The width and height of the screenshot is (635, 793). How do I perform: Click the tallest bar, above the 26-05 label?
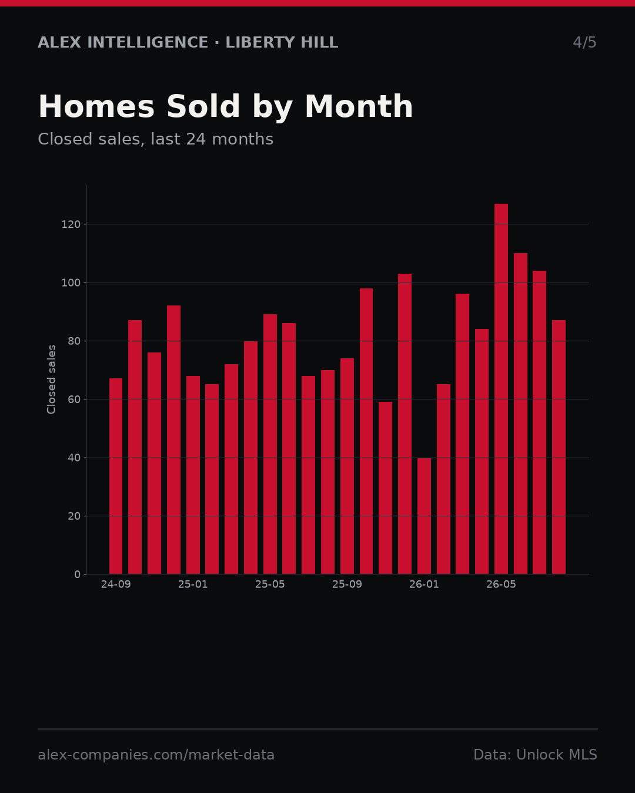501,389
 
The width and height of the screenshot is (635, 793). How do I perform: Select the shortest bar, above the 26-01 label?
424,516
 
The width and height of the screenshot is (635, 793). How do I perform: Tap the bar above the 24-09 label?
116,476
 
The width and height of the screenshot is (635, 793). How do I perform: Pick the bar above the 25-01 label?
193,475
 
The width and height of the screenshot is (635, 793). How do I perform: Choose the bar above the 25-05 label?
270,444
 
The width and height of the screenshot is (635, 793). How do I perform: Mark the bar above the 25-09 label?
347,466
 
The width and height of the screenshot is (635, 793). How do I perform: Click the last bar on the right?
559,447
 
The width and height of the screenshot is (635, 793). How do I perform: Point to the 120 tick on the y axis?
71,224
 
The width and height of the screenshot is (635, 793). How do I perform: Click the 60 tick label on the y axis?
74,399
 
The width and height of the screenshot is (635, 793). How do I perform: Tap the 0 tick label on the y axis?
77,574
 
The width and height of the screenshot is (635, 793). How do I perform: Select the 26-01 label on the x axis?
424,584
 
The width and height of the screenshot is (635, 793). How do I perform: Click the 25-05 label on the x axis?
270,584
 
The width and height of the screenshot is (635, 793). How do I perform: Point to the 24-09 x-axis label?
116,584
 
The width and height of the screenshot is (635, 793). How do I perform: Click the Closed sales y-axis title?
51,379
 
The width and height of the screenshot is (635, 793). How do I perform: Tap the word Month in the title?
359,106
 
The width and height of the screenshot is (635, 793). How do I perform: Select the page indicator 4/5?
584,42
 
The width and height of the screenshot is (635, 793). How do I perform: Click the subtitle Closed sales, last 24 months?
156,139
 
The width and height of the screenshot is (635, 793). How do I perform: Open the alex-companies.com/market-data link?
156,755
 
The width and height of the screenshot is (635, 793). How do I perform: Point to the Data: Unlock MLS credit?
536,755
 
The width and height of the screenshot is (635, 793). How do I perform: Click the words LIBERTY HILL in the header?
282,42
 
